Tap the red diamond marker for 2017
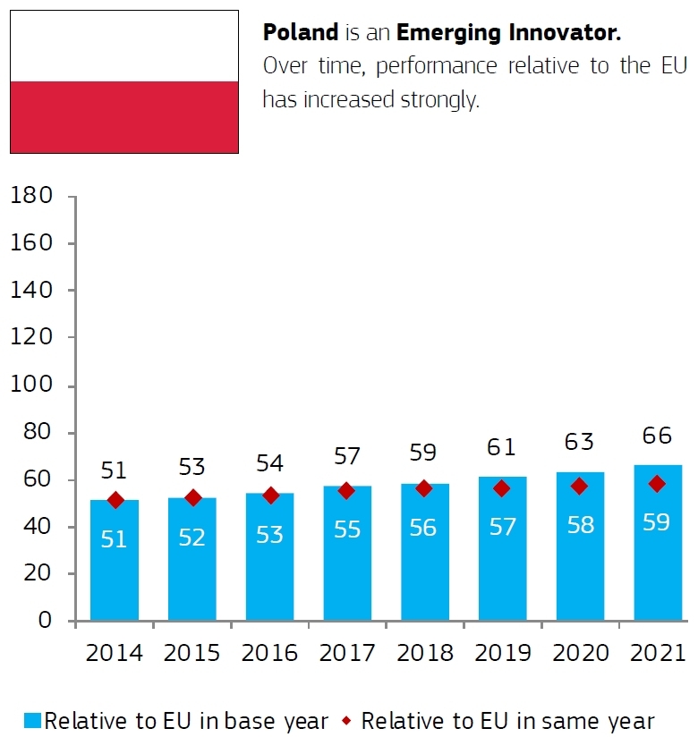tap(347, 490)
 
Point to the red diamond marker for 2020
tap(580, 487)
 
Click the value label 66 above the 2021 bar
tap(658, 436)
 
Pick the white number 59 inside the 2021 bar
tap(658, 522)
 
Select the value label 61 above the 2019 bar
tap(503, 445)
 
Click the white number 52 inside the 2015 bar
tap(192, 538)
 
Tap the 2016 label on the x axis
tap(269, 653)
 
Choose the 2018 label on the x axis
tap(425, 653)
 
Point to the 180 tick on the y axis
tap(34, 196)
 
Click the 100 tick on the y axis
tap(34, 385)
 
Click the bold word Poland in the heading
tap(300, 33)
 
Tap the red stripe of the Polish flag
tap(124, 117)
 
